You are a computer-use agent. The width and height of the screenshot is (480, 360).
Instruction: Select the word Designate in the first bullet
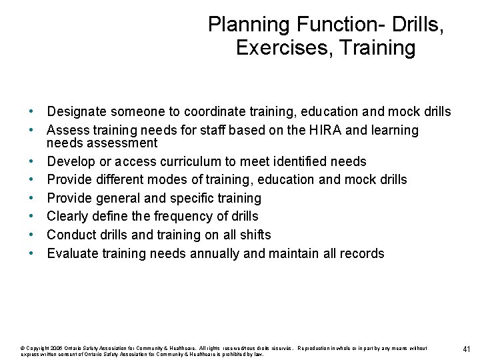click(x=76, y=111)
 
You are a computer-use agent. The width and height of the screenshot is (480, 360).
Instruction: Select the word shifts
click(x=254, y=235)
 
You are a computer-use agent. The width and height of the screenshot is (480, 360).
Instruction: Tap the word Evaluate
click(x=74, y=253)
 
